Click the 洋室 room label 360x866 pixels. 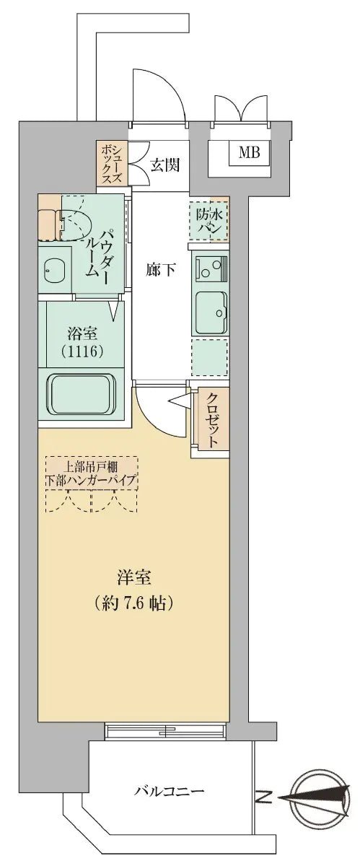click(133, 578)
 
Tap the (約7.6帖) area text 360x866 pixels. click(133, 603)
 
